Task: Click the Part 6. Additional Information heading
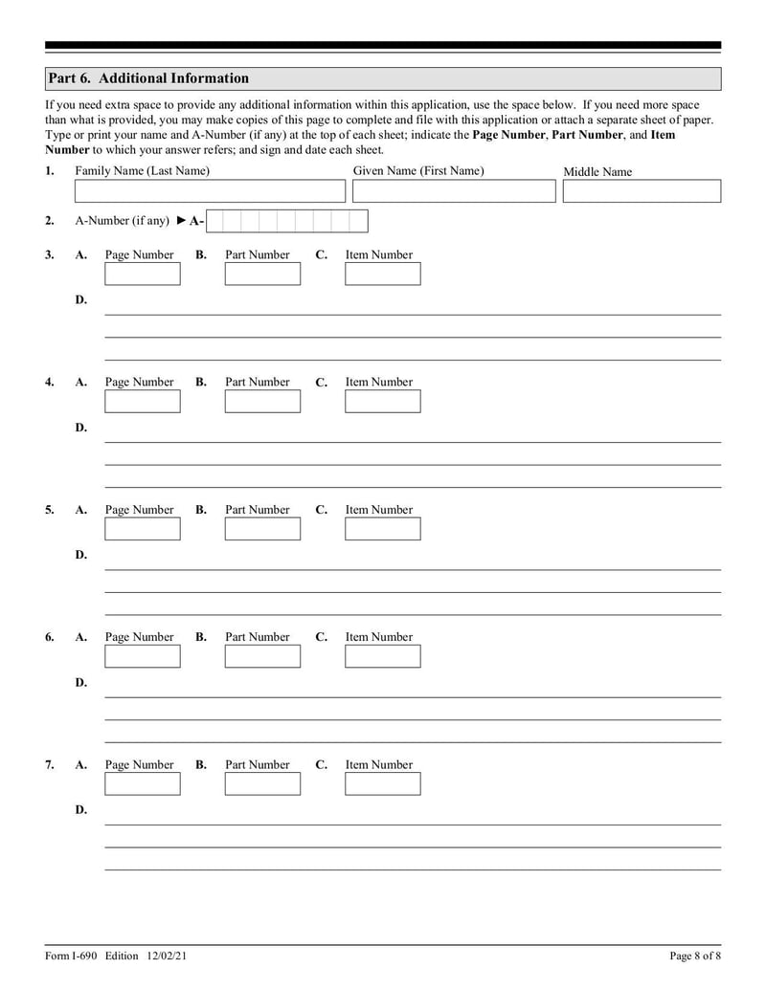tap(148, 78)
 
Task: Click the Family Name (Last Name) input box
tap(210, 191)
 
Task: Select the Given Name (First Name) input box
tap(453, 191)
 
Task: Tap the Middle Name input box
tap(642, 191)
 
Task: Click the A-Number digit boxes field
tap(287, 222)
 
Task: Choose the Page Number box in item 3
tap(142, 275)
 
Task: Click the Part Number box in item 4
tap(262, 402)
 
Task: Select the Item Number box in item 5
tap(382, 529)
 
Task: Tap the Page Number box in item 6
tap(142, 656)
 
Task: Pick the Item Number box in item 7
tap(382, 784)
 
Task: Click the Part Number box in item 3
tap(262, 275)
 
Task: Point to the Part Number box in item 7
tap(262, 784)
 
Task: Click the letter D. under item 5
tap(81, 555)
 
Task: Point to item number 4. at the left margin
tap(50, 382)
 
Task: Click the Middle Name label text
tap(597, 172)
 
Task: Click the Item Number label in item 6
tap(379, 637)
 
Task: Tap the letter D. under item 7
tap(81, 810)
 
